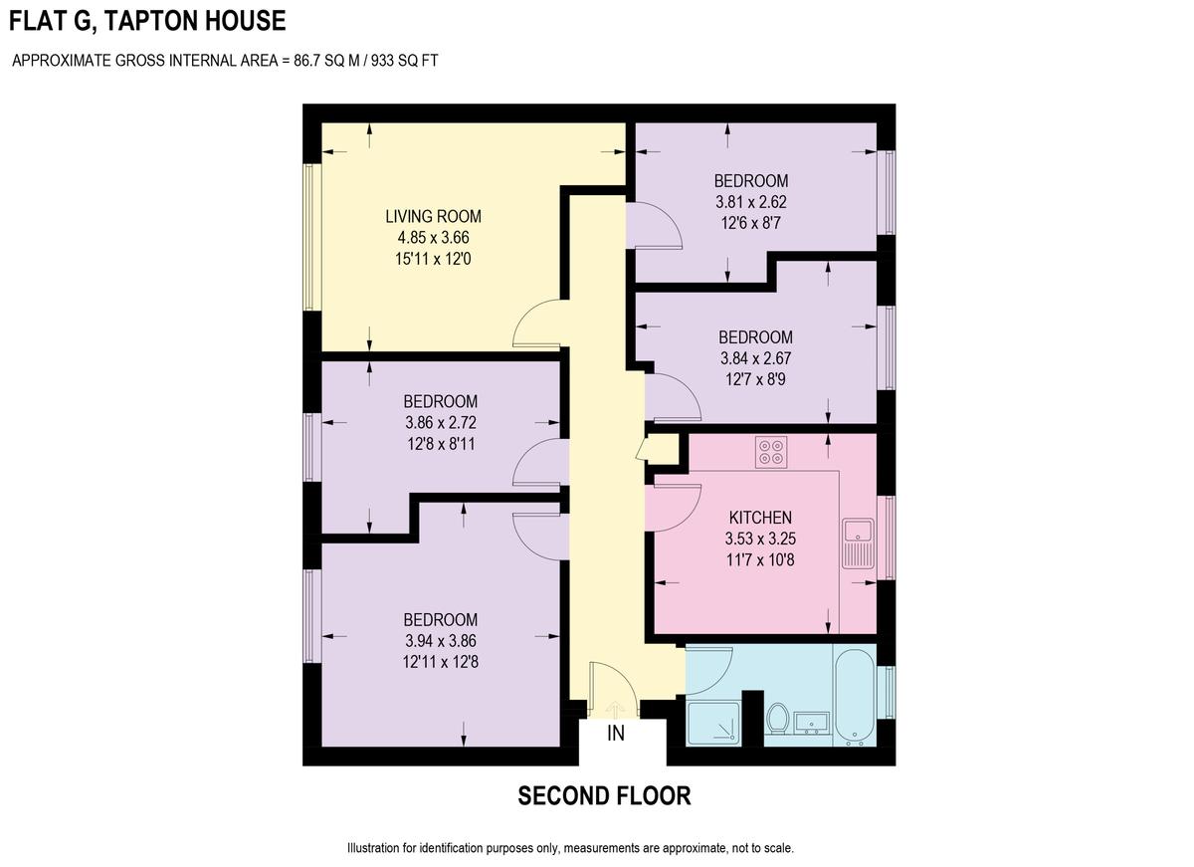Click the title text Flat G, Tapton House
click(x=147, y=21)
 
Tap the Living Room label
click(x=433, y=216)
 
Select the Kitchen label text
click(x=760, y=518)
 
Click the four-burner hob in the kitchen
click(x=770, y=452)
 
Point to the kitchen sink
click(x=857, y=542)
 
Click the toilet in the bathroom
click(x=778, y=718)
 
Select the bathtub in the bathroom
click(x=855, y=696)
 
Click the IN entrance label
click(x=616, y=735)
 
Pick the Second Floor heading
click(x=604, y=796)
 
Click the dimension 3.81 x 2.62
click(x=751, y=201)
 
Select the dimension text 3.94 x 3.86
click(x=441, y=640)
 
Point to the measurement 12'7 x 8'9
click(x=756, y=378)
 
